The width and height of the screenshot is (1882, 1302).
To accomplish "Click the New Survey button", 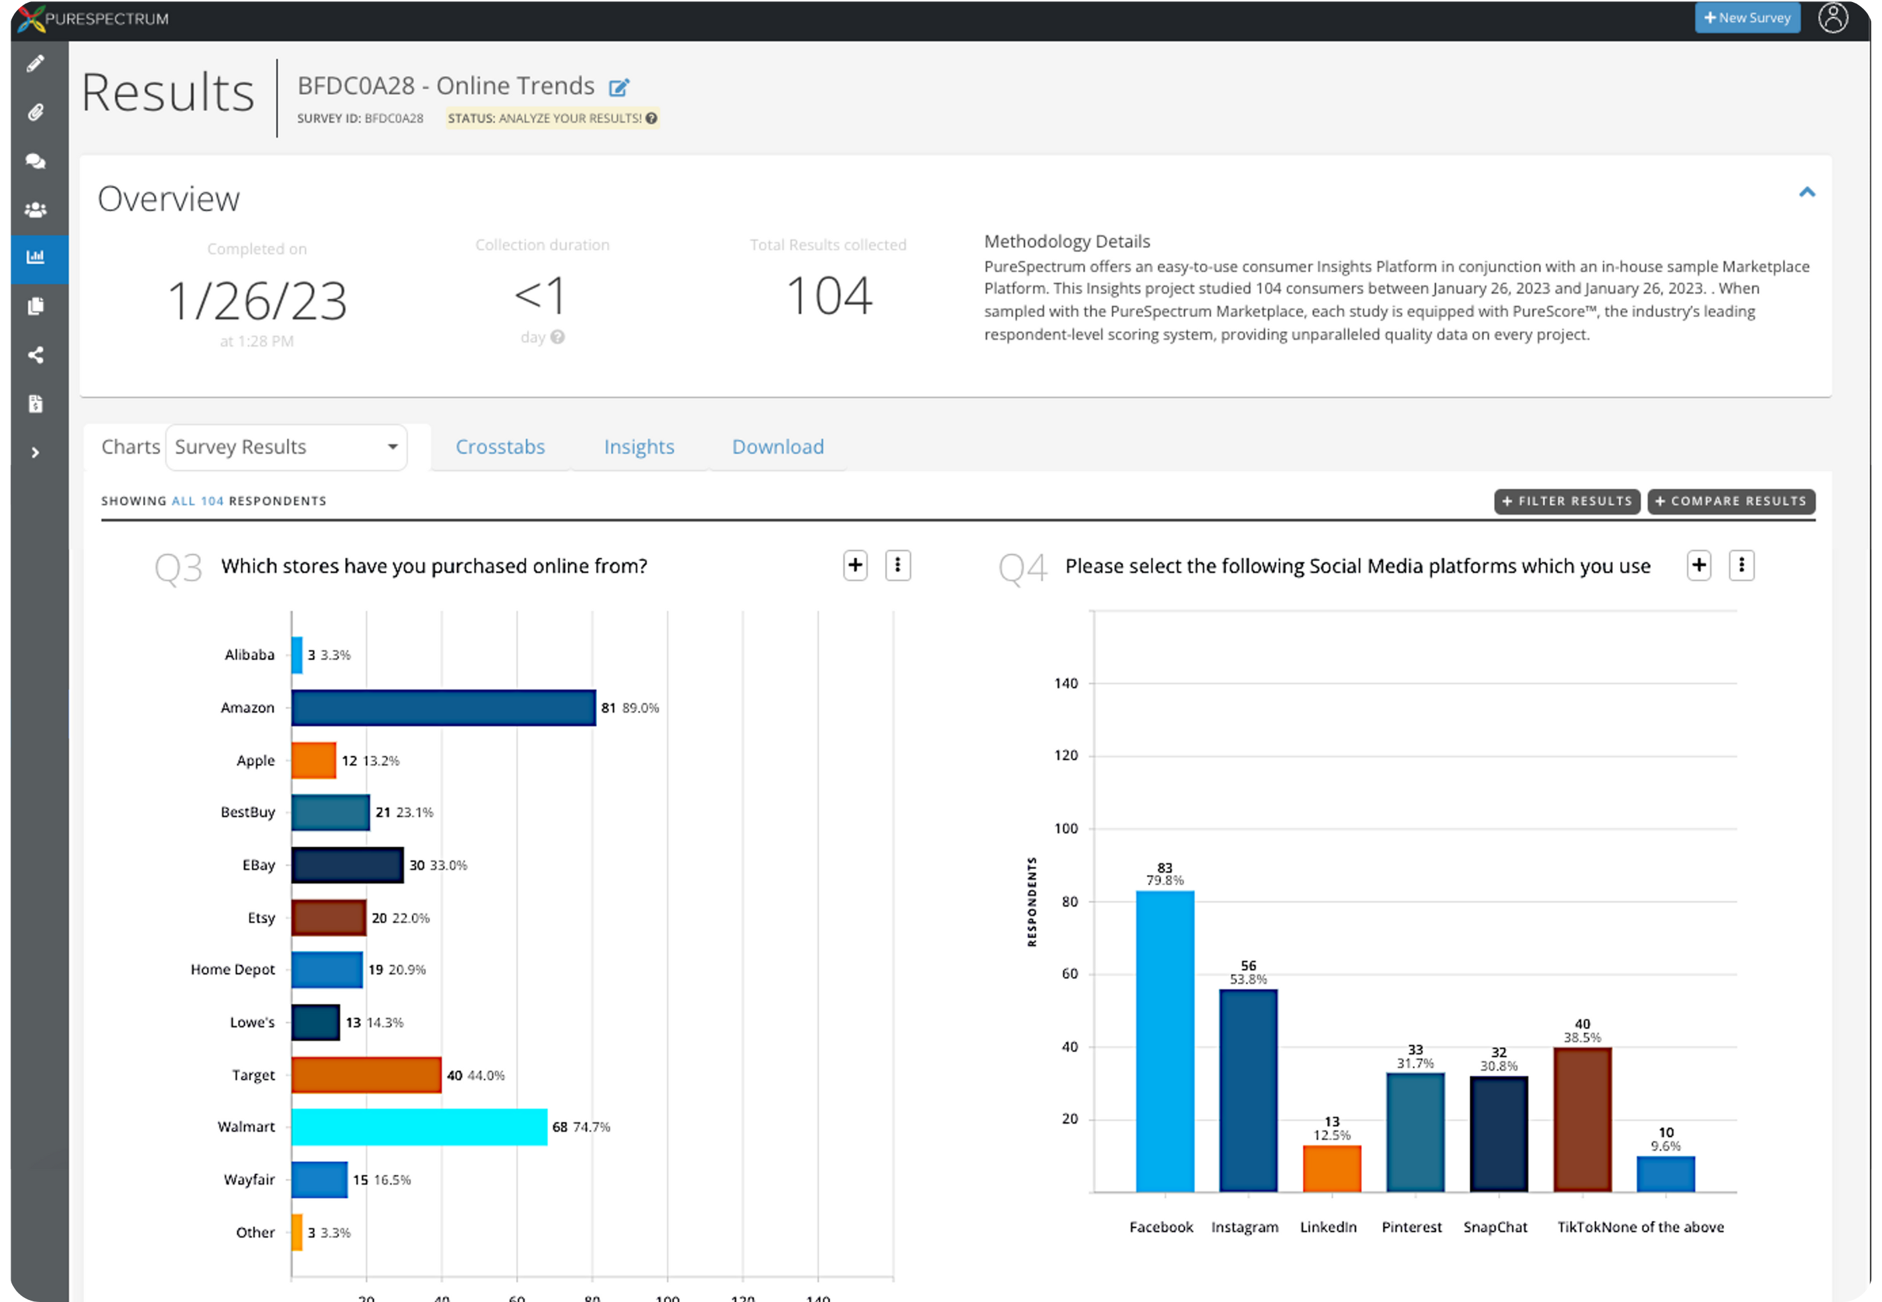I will click(x=1747, y=18).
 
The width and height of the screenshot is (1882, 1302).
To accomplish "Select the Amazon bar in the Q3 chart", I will click(x=443, y=708).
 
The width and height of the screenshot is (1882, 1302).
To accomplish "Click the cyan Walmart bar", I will click(x=419, y=1126).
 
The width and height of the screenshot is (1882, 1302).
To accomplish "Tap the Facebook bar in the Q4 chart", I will click(x=1164, y=1040).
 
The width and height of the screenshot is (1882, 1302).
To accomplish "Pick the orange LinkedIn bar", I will click(x=1331, y=1168).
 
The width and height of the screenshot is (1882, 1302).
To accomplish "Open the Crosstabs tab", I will click(x=500, y=447).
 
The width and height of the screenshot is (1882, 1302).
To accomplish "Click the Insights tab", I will click(x=638, y=447).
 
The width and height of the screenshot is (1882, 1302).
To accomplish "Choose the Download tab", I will click(x=777, y=447).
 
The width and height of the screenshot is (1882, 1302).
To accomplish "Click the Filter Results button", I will click(x=1566, y=501).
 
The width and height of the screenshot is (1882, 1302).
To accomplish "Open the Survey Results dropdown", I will click(x=286, y=447).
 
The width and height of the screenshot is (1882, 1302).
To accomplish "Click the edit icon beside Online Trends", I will click(x=619, y=86).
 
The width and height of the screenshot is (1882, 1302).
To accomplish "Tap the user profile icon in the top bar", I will click(x=1832, y=18).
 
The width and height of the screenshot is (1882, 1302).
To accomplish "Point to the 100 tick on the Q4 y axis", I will click(x=1066, y=828).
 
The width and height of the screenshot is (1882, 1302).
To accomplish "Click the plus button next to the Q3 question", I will click(x=854, y=566).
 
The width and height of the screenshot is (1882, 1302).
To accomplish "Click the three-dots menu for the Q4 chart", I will click(x=1741, y=566).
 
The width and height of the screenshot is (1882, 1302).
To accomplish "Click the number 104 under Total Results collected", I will click(x=829, y=296).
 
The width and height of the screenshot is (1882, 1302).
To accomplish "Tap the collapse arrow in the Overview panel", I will click(x=1807, y=192).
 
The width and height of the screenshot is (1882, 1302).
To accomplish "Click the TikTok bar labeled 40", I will click(x=1582, y=1119).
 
